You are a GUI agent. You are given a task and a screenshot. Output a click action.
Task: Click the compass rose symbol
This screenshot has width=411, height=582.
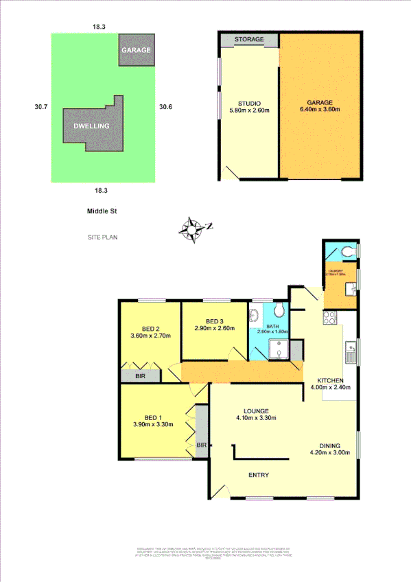point(193,229)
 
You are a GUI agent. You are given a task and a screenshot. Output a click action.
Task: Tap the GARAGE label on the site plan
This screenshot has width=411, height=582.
point(135,51)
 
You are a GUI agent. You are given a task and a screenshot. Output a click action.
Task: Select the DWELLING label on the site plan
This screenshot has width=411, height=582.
point(92,126)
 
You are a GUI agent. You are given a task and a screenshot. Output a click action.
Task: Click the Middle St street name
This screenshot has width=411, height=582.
point(100,212)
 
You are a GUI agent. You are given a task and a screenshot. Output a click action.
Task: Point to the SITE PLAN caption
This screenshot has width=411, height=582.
point(102,237)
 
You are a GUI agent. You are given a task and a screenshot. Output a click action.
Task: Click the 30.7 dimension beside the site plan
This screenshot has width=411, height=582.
point(41,106)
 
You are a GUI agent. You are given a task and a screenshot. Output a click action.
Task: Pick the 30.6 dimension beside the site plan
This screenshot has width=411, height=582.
point(165,106)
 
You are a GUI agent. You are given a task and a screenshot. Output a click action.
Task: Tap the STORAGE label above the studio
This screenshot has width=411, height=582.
point(248,40)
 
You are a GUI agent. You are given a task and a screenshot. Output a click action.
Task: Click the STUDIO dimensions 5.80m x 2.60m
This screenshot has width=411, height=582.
point(248,110)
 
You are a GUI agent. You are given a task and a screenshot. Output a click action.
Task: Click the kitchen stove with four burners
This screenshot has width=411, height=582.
point(329,318)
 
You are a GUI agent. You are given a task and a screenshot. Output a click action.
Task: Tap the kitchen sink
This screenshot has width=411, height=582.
point(350,352)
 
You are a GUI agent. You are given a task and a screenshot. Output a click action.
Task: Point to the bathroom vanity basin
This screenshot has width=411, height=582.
point(253,316)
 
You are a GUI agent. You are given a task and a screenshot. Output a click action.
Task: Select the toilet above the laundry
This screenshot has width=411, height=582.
point(349,251)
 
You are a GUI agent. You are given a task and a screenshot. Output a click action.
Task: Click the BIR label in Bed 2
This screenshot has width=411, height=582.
point(139,377)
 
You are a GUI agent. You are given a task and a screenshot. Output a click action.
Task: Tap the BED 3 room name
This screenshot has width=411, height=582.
point(215,322)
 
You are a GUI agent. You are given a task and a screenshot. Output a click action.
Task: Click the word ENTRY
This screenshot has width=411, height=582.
point(258,475)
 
